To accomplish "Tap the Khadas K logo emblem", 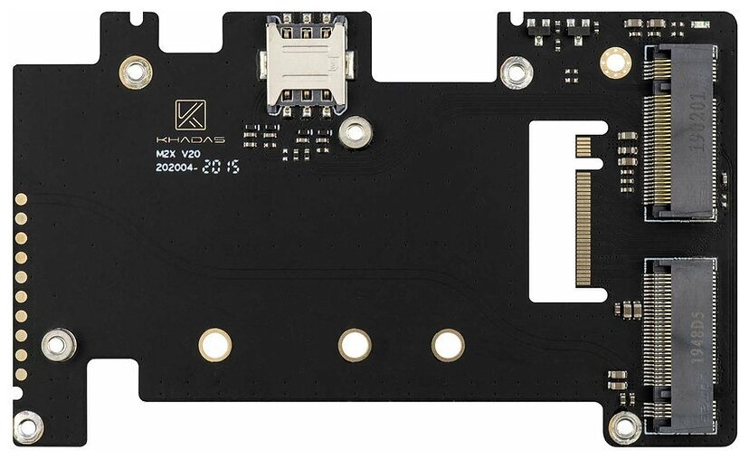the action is (190, 118).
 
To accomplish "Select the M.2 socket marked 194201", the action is (679, 134).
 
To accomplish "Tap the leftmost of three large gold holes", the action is (215, 344).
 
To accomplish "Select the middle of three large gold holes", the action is (355, 344).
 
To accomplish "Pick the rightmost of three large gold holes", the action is (448, 344).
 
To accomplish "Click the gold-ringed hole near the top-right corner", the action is (616, 60).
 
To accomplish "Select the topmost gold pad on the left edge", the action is (22, 197).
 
